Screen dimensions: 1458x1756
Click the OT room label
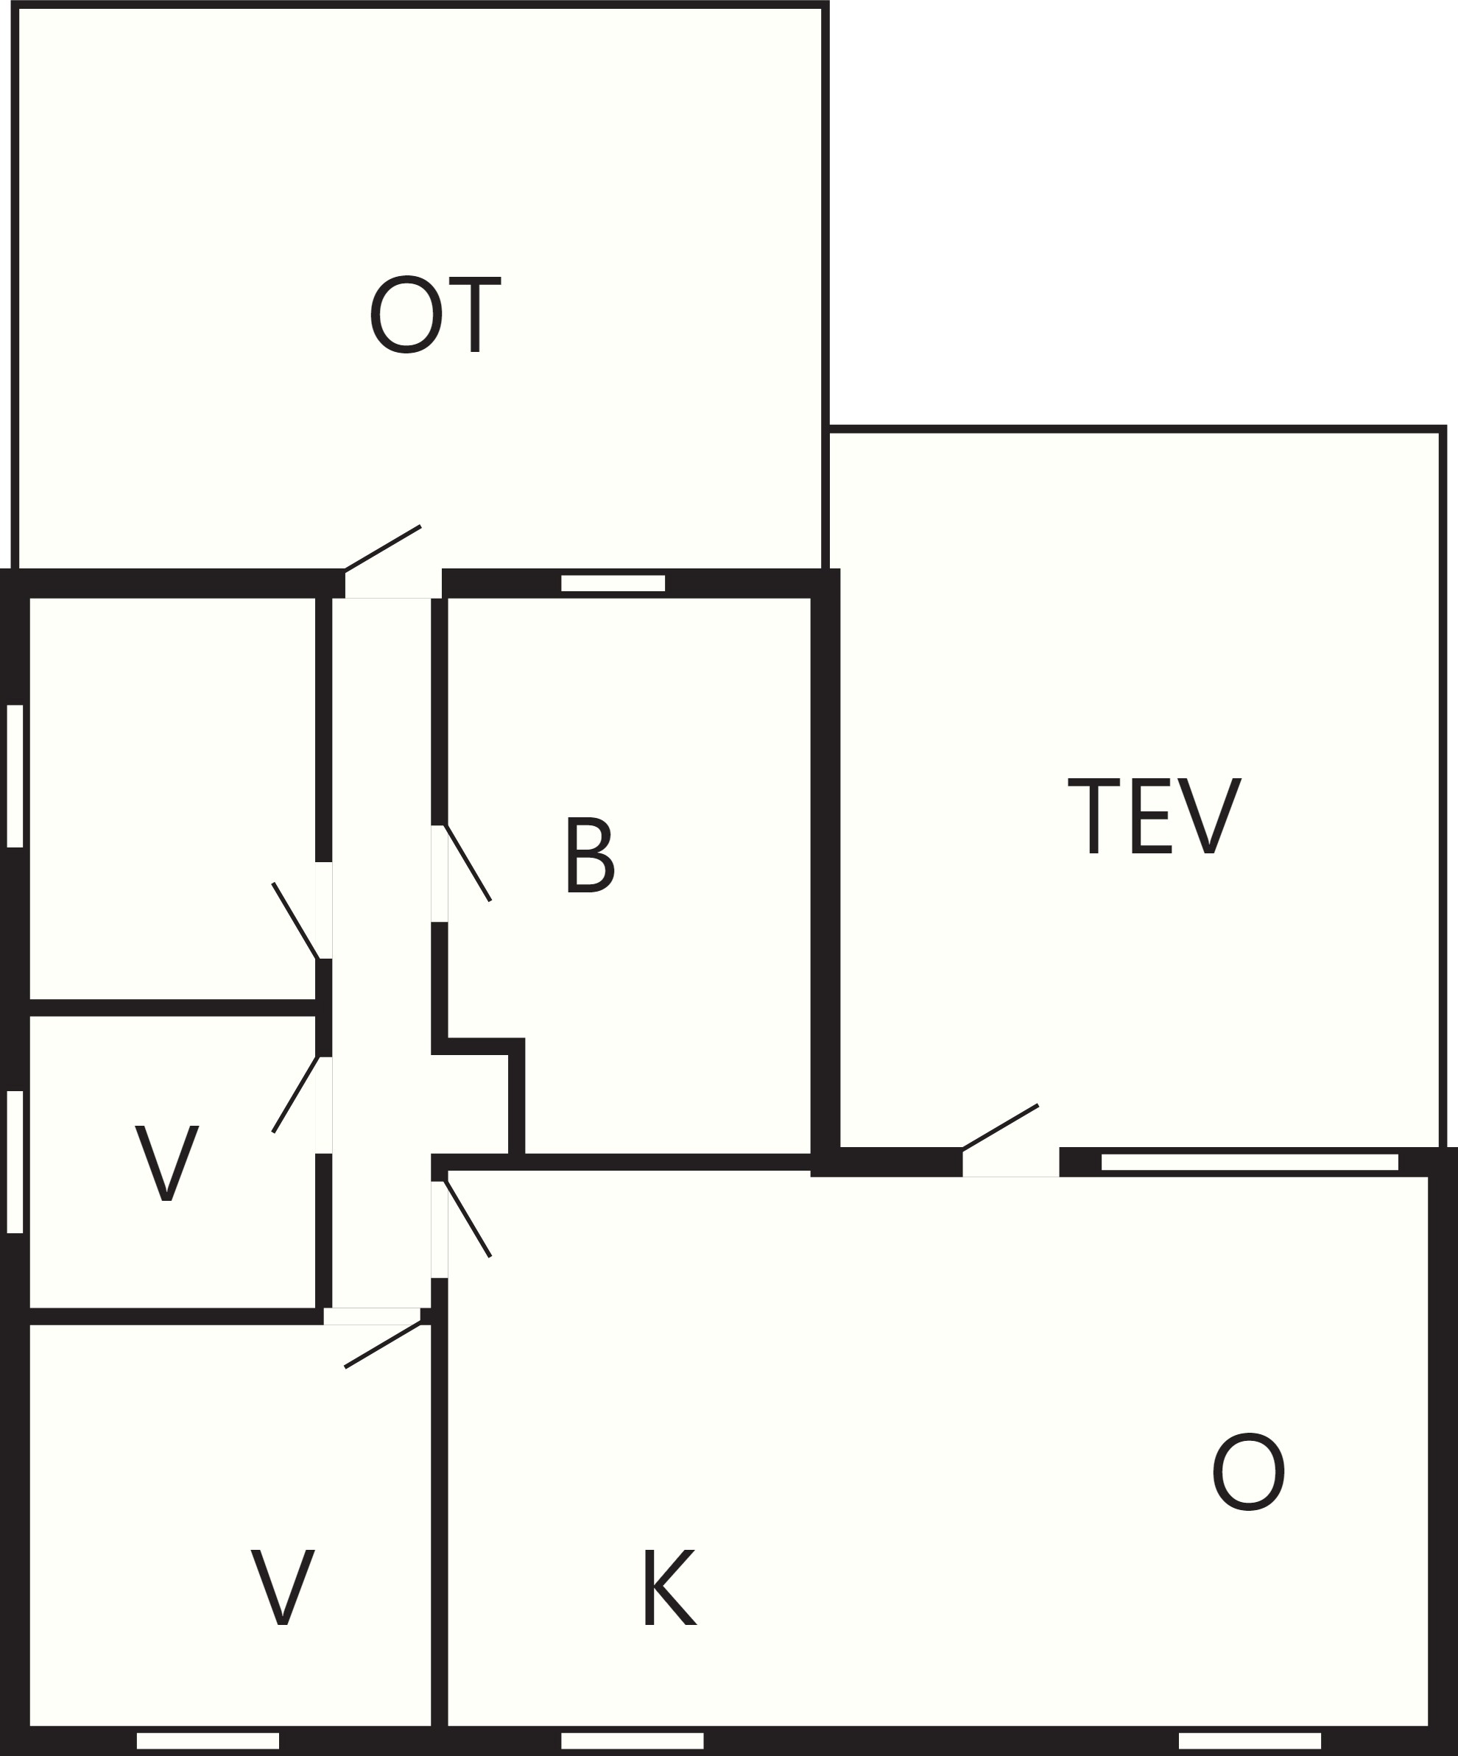point(435,314)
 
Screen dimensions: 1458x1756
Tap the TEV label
point(1155,816)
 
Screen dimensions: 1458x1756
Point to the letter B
point(591,855)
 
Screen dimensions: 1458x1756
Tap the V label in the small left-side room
point(166,1163)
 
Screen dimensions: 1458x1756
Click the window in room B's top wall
point(613,583)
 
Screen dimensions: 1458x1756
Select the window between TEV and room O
point(1250,1162)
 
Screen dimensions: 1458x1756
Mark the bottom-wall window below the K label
point(633,1740)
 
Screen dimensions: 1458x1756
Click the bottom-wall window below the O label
point(1250,1740)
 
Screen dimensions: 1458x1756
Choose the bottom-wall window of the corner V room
point(208,1740)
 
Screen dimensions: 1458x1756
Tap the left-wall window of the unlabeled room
point(15,776)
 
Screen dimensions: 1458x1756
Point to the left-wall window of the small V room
point(15,1162)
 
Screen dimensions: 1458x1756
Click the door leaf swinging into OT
point(382,549)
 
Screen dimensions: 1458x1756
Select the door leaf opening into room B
point(468,863)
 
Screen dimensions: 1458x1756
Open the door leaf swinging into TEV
point(1001,1128)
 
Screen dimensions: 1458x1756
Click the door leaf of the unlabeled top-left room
point(295,920)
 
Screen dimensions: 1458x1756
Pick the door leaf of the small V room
point(295,1095)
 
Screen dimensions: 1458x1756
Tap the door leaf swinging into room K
point(468,1219)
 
